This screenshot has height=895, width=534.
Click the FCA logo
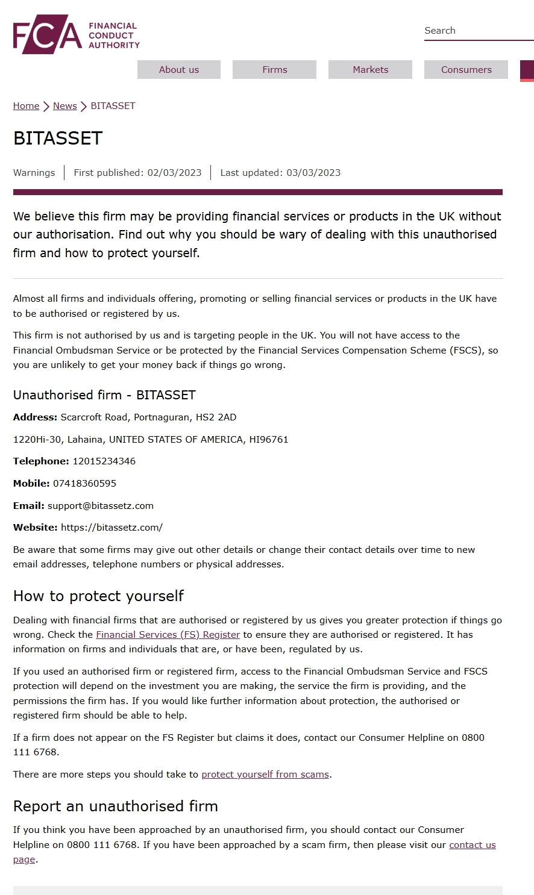[77, 35]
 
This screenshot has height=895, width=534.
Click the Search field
[478, 31]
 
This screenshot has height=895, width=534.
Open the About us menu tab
[179, 70]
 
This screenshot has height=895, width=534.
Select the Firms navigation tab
[274, 70]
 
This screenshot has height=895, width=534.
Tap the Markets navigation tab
[370, 70]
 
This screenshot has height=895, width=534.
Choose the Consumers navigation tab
[466, 70]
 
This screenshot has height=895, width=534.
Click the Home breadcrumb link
[26, 106]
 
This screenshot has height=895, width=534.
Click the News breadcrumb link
[64, 106]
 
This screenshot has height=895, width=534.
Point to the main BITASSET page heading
[58, 139]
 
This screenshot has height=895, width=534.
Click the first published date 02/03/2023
[174, 173]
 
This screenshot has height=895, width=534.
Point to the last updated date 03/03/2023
[313, 173]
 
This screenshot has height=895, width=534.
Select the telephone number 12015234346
[104, 461]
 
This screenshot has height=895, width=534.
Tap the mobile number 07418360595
[84, 484]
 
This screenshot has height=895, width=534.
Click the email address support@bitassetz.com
[101, 506]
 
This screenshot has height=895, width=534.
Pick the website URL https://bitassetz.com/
[112, 528]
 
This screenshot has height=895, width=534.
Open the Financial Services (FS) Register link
[168, 635]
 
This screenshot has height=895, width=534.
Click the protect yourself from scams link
[265, 775]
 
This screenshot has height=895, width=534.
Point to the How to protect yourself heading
[98, 596]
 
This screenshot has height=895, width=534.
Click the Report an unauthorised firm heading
[116, 806]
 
